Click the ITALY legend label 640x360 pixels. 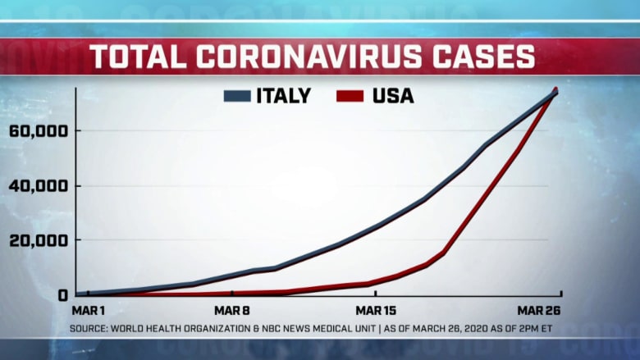pos(284,96)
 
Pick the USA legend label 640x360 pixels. pos(393,96)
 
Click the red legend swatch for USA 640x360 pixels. pos(350,97)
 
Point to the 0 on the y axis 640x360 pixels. pos(61,294)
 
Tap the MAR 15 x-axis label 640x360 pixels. pos(376,311)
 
